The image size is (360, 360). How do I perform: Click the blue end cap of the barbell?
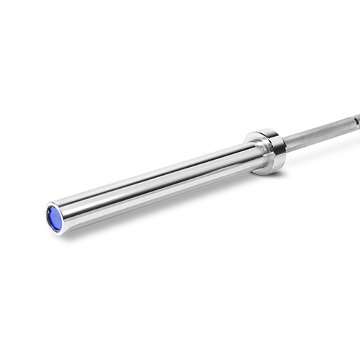coord(54,218)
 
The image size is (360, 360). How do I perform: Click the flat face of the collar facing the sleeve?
coord(257,152)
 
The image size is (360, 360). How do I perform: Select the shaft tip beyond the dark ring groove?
coord(357,114)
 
